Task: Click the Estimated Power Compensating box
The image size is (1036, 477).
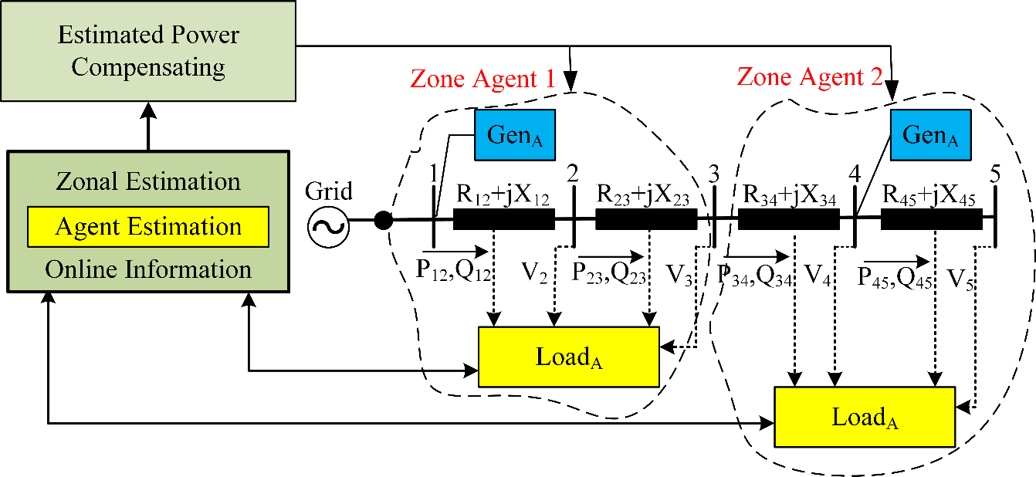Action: [148, 51]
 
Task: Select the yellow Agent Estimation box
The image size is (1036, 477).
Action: [148, 227]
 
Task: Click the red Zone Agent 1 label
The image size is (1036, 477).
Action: [482, 79]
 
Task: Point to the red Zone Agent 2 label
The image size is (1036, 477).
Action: [809, 76]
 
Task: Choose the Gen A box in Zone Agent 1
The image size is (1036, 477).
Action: [515, 135]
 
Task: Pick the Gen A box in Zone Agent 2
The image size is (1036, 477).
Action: [930, 135]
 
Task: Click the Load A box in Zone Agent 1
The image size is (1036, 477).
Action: [569, 357]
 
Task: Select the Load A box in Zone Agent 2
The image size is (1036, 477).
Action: [865, 418]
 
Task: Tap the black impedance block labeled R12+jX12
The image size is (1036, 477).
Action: [503, 220]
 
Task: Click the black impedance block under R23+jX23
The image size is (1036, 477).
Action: [646, 220]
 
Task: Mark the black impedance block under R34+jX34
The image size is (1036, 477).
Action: [788, 220]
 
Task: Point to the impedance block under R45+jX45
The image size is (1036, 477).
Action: [931, 220]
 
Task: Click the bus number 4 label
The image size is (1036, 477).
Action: [854, 175]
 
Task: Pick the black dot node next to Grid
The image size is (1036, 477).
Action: [383, 220]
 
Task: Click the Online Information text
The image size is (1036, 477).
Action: [148, 269]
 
